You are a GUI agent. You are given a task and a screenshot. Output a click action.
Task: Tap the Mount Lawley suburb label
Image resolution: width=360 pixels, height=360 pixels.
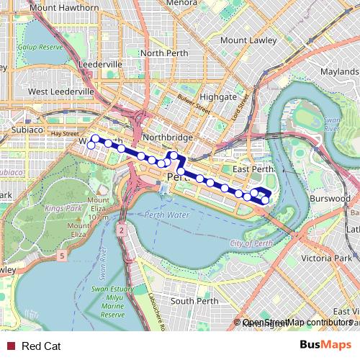pyautogui.click(x=248, y=40)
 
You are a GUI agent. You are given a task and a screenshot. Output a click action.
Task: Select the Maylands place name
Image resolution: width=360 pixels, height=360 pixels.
pyautogui.click(x=339, y=72)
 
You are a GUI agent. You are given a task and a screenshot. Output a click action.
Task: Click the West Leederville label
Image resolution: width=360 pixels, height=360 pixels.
pyautogui.click(x=61, y=92)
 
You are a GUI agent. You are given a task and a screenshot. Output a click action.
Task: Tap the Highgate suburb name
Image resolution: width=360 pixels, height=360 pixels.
pyautogui.click(x=217, y=96)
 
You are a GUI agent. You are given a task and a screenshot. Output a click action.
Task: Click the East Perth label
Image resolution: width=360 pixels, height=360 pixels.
pyautogui.click(x=254, y=169)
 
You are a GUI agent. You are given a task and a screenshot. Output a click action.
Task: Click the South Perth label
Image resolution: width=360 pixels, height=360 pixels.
pyautogui.click(x=194, y=301)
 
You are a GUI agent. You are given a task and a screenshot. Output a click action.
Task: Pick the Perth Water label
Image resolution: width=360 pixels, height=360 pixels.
pyautogui.click(x=168, y=215)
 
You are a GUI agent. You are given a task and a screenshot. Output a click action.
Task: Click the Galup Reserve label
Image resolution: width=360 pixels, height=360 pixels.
pyautogui.click(x=41, y=47)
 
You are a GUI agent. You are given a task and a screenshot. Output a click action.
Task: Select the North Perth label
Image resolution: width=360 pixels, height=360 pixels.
pyautogui.click(x=163, y=53)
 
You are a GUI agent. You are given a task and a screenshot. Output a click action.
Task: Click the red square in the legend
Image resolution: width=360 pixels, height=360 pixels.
pyautogui.click(x=10, y=346)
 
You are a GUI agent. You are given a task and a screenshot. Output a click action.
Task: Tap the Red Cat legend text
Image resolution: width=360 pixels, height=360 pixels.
pyautogui.click(x=41, y=346)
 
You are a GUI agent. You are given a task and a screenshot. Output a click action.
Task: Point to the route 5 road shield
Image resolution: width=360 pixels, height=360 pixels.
pyautogui.click(x=63, y=256)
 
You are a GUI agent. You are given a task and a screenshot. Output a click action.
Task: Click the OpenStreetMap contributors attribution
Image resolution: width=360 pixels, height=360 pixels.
pyautogui.click(x=297, y=323)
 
